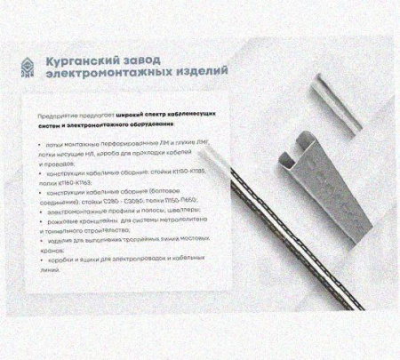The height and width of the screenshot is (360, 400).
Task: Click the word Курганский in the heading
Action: tap(81, 60)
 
